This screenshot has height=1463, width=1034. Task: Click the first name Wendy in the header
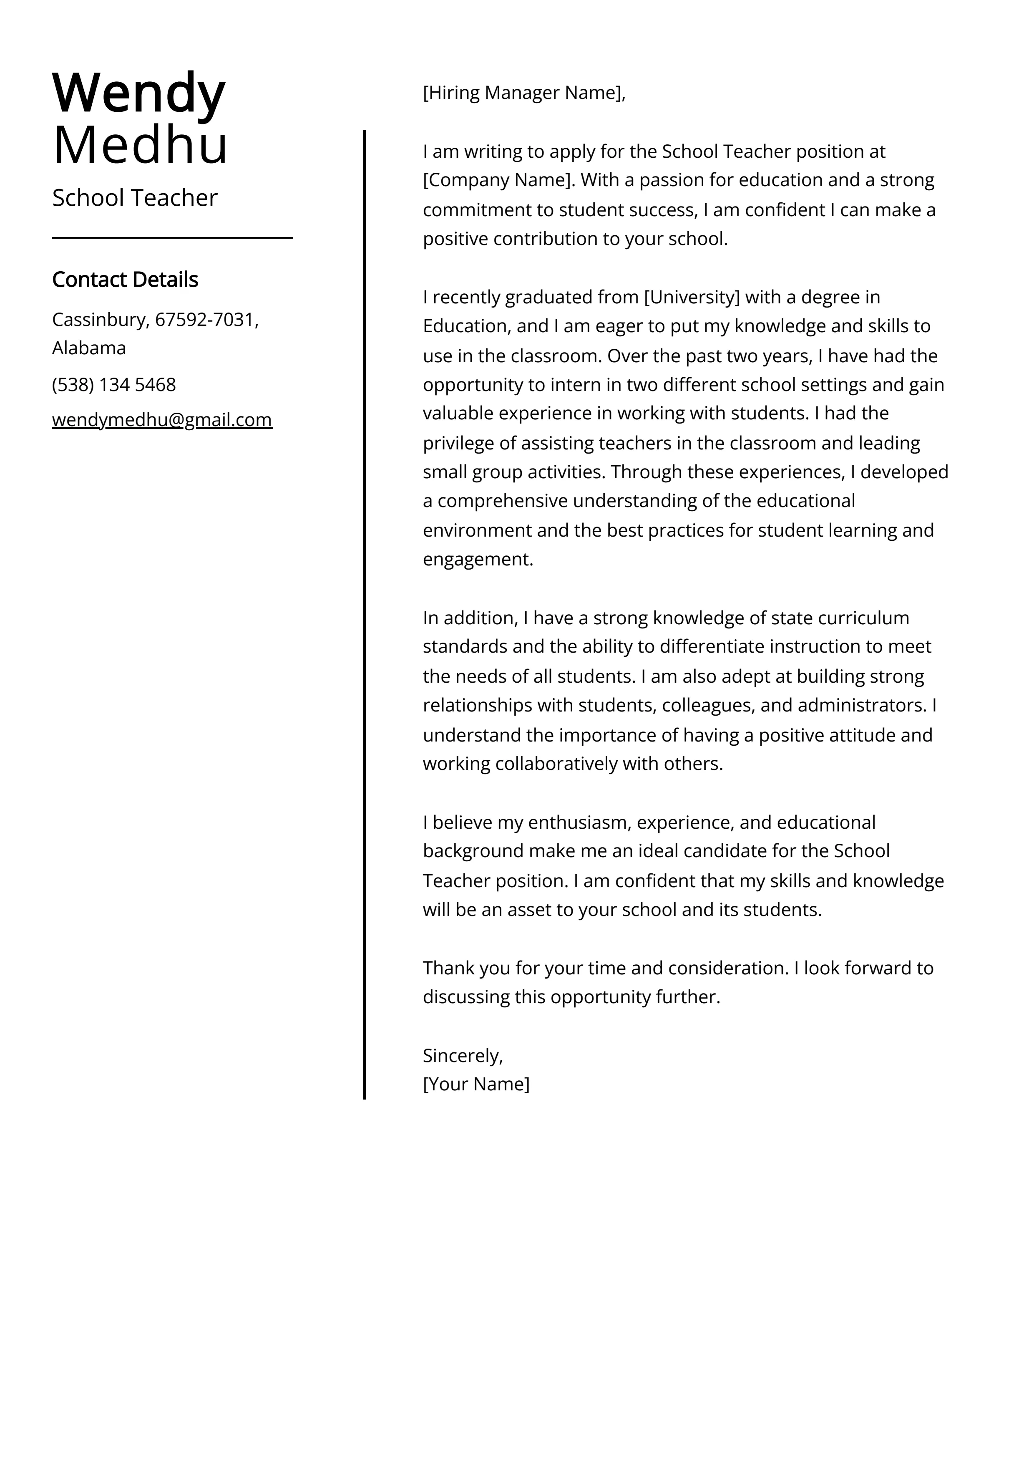(x=139, y=93)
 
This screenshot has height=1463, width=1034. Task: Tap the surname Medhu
(x=140, y=146)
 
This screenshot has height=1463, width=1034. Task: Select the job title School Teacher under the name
(x=134, y=198)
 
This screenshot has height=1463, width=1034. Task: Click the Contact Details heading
(x=125, y=280)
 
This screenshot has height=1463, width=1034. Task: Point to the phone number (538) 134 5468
(x=114, y=385)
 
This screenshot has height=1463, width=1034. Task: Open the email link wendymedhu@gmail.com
(x=162, y=420)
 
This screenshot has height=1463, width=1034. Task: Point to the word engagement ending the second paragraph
(x=477, y=560)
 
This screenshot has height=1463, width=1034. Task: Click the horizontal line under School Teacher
(x=172, y=238)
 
